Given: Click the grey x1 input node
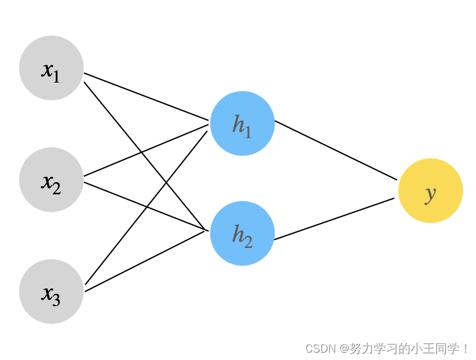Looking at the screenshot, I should (x=51, y=68).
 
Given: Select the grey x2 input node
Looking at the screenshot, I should (x=51, y=180).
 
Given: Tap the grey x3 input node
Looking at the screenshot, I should (x=51, y=291).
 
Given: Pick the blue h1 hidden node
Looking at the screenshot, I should (x=242, y=124).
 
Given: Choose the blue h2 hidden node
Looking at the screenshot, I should (x=242, y=233).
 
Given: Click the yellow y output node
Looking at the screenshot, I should (x=430, y=191).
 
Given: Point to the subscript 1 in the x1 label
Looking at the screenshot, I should (x=56, y=76).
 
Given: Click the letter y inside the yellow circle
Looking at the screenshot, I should (x=430, y=193).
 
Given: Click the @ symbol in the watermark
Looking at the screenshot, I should (x=345, y=349).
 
